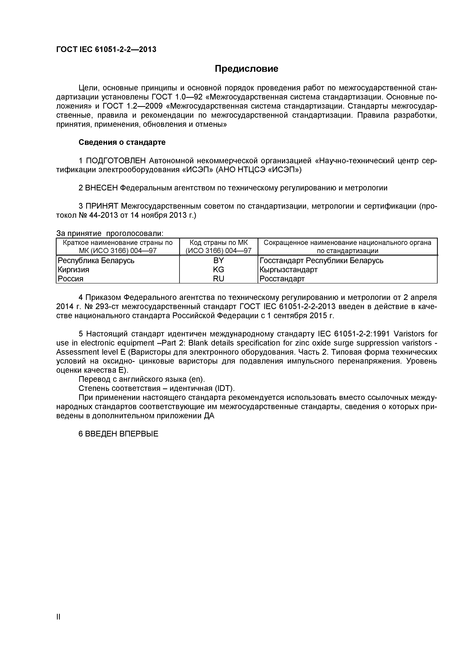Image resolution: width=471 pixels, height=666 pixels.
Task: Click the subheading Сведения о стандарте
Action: point(122,142)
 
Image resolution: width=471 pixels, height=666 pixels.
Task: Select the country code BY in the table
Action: point(218,260)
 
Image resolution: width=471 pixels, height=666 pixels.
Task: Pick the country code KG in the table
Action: point(218,270)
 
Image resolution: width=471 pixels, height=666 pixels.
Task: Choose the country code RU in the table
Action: point(218,279)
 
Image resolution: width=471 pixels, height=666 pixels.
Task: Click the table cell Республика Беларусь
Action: point(96,260)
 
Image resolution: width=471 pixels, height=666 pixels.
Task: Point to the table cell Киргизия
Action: point(74,270)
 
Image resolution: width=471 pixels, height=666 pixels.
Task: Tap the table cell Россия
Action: point(70,279)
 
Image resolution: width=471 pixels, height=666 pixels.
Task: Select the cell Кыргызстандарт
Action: point(289,270)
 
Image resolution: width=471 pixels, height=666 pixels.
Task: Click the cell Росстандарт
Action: point(282,279)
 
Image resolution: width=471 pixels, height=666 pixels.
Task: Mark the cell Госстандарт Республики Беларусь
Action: point(321,260)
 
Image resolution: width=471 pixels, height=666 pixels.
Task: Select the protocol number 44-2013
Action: point(102,215)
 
